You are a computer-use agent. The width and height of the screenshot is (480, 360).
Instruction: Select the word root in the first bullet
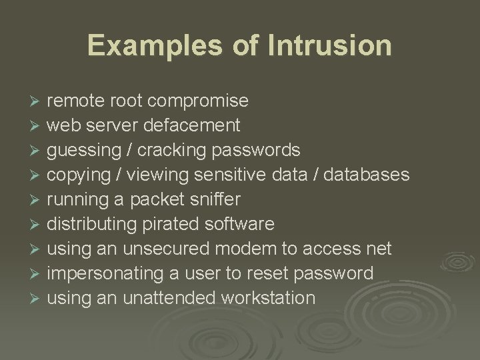point(126,101)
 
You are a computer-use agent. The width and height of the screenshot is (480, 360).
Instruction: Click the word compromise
point(199,101)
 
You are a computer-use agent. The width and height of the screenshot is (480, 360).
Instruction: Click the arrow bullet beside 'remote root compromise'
point(36,101)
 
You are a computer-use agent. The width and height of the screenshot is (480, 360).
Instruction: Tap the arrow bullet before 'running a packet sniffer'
point(36,199)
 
